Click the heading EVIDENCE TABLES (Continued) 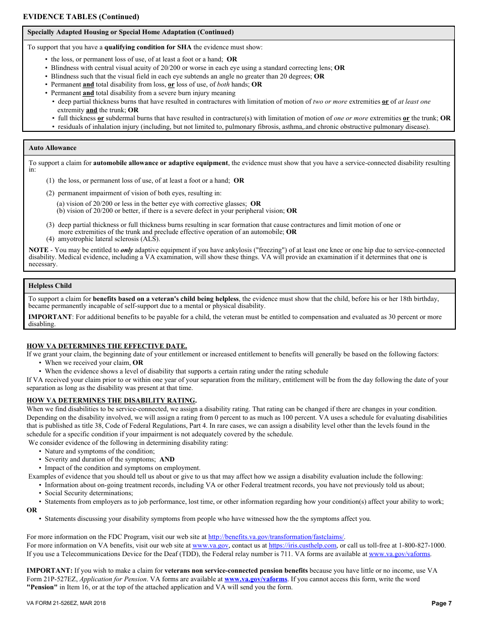[x=81, y=17]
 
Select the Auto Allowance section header [x=52, y=148]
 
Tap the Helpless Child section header [x=50, y=286]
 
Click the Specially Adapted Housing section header [x=130, y=32]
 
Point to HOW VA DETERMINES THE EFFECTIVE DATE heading [x=107, y=346]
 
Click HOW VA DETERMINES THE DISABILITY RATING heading [x=111, y=401]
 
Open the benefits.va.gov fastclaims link [x=276, y=537]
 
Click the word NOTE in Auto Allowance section [x=39, y=250]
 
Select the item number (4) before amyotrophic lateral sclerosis [x=51, y=239]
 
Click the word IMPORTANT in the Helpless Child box [x=50, y=317]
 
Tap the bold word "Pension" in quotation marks [x=42, y=587]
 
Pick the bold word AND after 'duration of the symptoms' [x=167, y=459]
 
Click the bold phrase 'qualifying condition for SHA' [x=148, y=47]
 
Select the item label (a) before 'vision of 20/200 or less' [x=60, y=204]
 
